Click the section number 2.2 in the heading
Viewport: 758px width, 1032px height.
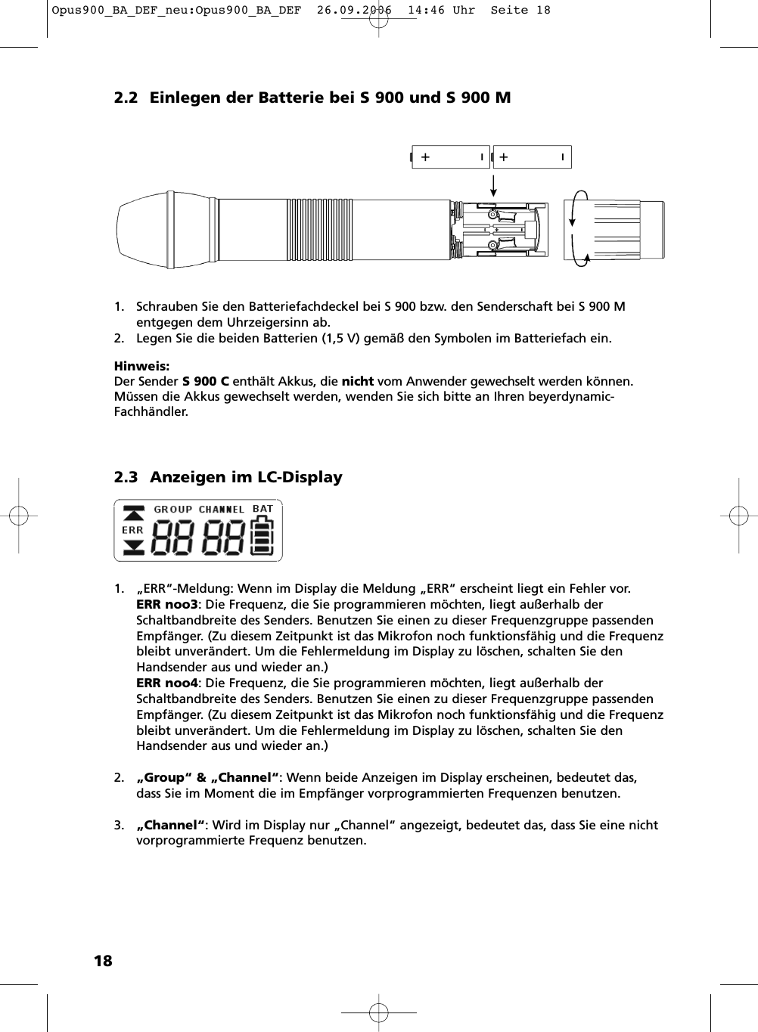[126, 98]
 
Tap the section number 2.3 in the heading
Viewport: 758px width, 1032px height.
[126, 478]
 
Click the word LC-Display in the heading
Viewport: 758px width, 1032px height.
[300, 478]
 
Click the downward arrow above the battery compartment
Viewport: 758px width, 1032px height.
[493, 186]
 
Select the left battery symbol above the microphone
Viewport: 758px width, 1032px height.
[451, 157]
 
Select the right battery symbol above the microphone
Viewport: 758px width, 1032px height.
[532, 157]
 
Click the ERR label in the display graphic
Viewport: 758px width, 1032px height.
[132, 531]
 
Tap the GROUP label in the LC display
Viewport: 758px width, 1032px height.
[173, 510]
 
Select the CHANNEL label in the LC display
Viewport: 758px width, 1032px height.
[222, 510]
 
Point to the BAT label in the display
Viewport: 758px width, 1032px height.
[263, 509]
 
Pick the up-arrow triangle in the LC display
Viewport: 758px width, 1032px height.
[133, 514]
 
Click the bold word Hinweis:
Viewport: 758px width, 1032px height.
[141, 366]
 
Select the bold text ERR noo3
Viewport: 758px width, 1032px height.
[166, 605]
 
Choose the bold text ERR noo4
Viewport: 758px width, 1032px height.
[166, 683]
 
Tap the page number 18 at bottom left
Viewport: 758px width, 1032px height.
[102, 961]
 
